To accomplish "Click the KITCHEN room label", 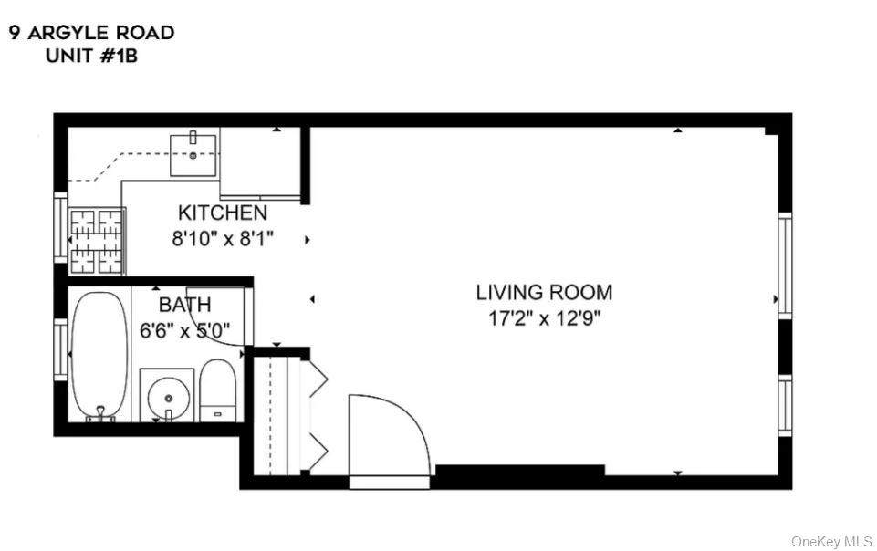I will click(x=223, y=213).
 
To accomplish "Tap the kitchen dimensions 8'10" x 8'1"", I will click(x=223, y=239).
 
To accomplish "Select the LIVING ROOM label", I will click(x=544, y=293).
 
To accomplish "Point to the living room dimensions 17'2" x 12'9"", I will click(x=544, y=318).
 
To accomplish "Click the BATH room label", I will click(x=184, y=305).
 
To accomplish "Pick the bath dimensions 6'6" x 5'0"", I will click(x=184, y=330).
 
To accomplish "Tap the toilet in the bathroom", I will click(x=217, y=390).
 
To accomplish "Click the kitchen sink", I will click(x=194, y=152).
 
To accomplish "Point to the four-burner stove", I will click(x=97, y=241).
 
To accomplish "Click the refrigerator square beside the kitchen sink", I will click(x=260, y=162).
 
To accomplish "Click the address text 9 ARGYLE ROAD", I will click(x=91, y=33).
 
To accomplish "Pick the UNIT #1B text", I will click(x=91, y=55).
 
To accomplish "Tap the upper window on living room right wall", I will click(x=784, y=265).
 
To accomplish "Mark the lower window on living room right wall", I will click(x=784, y=405).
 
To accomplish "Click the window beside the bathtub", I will click(x=60, y=351).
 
